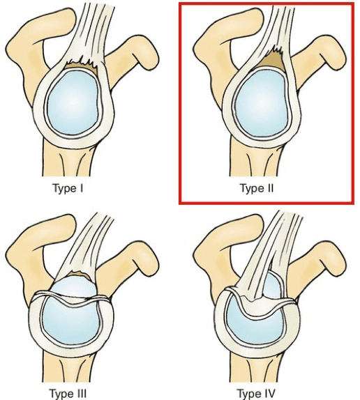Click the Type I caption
point(68,189)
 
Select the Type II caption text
point(257,189)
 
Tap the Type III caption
point(68,393)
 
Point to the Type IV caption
point(256,393)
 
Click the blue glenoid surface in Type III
point(70,320)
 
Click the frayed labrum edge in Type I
point(82,63)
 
